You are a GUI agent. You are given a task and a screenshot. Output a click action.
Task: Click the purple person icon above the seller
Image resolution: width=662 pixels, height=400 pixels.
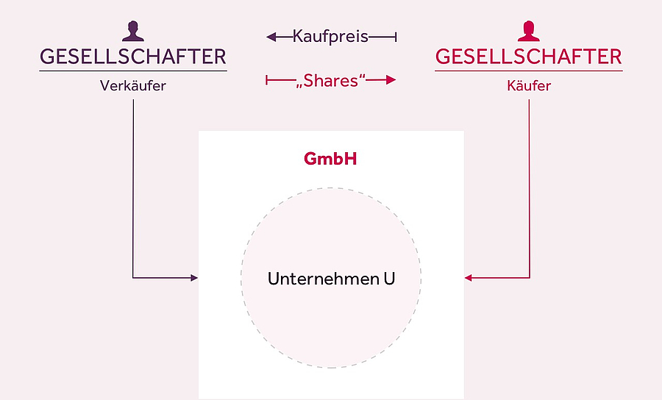[x=132, y=31]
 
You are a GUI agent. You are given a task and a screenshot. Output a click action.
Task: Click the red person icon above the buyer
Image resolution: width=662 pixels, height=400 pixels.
[x=528, y=31]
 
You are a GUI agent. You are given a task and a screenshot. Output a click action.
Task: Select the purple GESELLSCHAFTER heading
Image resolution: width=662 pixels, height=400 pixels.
[x=132, y=57]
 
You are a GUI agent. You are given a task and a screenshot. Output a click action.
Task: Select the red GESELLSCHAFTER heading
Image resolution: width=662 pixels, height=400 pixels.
[x=528, y=57]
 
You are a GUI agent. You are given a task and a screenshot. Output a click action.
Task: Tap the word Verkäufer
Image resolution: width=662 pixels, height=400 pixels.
[x=132, y=86]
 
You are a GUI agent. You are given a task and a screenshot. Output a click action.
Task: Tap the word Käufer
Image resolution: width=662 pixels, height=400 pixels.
[x=528, y=86]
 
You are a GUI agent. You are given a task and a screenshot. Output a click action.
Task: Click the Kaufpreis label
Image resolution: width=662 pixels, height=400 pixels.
[x=330, y=36]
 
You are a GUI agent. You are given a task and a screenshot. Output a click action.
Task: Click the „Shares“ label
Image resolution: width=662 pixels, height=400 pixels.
[x=330, y=80]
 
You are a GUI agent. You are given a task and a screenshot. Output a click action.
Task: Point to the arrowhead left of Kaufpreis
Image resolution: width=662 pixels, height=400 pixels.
[x=271, y=36]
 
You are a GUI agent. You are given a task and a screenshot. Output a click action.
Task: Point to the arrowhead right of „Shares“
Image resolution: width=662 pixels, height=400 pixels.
[x=391, y=80]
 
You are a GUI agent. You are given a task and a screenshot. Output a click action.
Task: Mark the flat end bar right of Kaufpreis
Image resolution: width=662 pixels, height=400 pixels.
[x=396, y=36]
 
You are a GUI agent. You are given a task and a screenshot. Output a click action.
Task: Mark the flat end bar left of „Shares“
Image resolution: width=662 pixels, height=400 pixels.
[x=267, y=80]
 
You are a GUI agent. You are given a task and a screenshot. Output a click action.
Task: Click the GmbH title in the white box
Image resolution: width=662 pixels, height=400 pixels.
[x=330, y=158]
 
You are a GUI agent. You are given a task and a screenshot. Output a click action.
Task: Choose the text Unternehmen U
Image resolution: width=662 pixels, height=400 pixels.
[x=331, y=279]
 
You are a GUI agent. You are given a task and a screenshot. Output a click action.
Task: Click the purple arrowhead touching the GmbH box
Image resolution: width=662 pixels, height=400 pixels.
[x=195, y=278]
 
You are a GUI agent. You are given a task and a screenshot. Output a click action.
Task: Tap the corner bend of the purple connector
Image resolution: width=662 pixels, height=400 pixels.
[x=133, y=278]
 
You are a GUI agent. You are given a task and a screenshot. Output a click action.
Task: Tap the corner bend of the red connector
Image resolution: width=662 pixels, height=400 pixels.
[x=529, y=278]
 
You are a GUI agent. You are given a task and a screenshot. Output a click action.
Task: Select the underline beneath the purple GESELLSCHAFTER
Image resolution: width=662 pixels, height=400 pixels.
[x=132, y=71]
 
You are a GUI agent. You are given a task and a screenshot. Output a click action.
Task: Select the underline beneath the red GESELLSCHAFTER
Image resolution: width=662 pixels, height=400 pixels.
[x=528, y=71]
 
